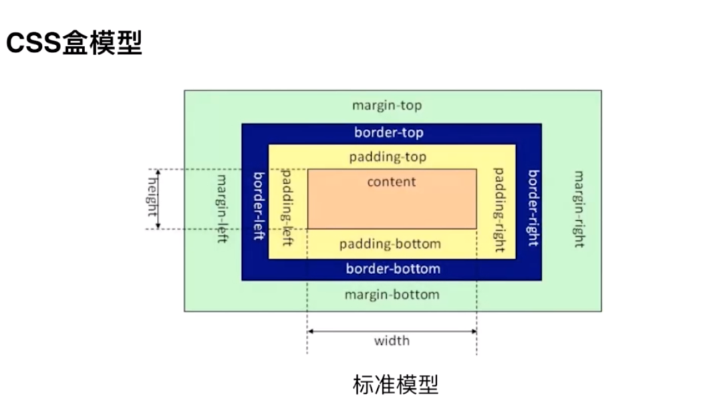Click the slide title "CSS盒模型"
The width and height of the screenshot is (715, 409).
[74, 44]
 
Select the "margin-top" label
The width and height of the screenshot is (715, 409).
[386, 106]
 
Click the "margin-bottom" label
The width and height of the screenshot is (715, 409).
[392, 295]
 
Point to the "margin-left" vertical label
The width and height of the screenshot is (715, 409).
[222, 207]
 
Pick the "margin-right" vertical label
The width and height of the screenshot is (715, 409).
[579, 208]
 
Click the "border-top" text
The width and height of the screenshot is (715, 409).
[388, 132]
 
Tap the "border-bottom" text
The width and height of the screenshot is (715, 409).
[392, 269]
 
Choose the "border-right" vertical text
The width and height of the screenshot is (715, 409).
[533, 207]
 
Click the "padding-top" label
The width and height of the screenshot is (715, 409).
[387, 158]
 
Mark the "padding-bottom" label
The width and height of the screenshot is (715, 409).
[390, 244]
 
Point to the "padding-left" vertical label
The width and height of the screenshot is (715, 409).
[288, 207]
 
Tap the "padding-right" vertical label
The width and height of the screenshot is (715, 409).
[500, 209]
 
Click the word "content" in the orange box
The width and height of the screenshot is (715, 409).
[391, 182]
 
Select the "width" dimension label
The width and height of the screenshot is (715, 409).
[391, 341]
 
